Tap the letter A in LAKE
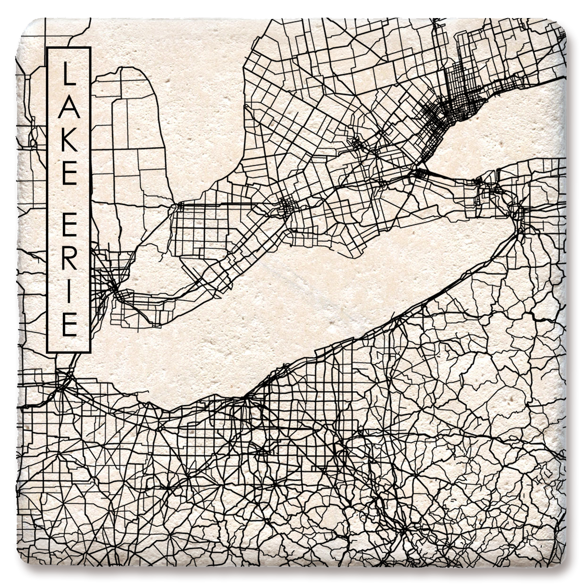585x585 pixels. (68, 110)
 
